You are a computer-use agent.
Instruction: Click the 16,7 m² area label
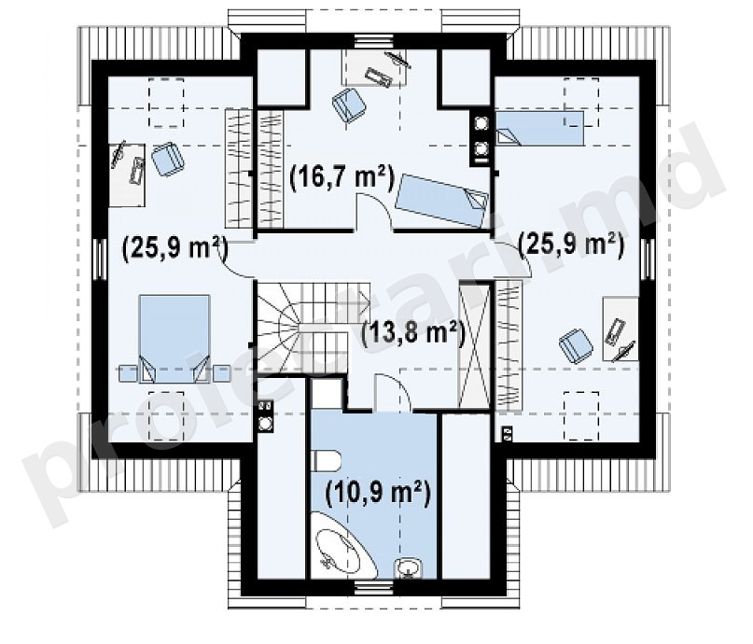(342, 178)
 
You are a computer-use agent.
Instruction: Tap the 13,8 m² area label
(413, 332)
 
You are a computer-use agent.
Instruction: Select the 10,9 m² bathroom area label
(378, 493)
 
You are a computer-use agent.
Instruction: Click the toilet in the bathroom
(326, 461)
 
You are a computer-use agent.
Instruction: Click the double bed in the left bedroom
(174, 339)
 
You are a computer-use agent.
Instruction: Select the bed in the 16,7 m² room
(441, 201)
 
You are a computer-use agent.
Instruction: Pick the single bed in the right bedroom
(540, 128)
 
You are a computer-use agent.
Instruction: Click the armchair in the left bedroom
(168, 159)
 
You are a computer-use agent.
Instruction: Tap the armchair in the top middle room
(349, 105)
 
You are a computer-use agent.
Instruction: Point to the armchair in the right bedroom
(576, 345)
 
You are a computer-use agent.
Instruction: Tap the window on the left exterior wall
(100, 259)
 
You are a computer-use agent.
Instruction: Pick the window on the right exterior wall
(648, 259)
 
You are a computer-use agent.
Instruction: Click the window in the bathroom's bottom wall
(374, 586)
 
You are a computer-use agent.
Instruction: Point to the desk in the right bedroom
(621, 329)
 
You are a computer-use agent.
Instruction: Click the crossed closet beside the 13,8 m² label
(475, 345)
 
